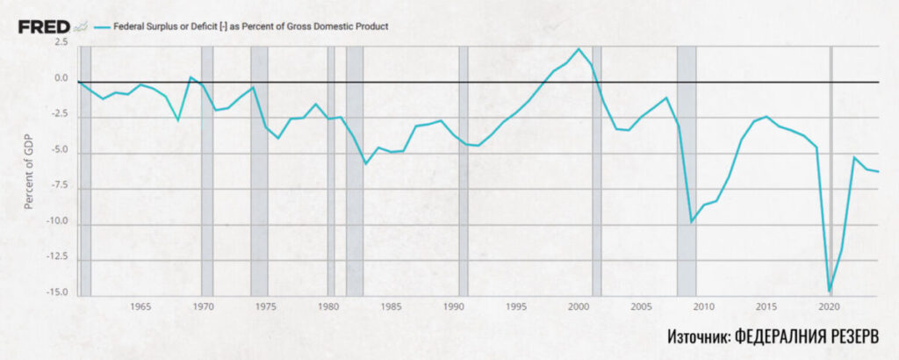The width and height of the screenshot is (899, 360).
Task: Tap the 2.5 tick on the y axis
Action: point(60,41)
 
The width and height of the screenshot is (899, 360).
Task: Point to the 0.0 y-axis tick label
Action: point(60,78)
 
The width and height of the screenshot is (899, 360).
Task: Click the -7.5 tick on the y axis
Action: point(58,186)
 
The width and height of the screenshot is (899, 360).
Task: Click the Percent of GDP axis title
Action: point(29,166)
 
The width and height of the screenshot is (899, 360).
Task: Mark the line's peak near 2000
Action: point(579,49)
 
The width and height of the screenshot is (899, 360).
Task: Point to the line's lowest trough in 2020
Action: point(830,291)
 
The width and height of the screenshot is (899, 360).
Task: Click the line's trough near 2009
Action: point(692,221)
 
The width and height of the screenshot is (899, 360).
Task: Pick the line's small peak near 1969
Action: point(191,77)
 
